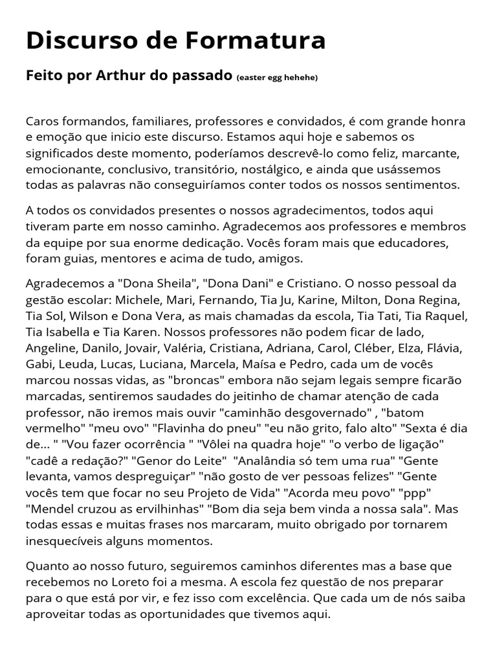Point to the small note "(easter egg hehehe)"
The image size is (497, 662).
coord(277,78)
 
